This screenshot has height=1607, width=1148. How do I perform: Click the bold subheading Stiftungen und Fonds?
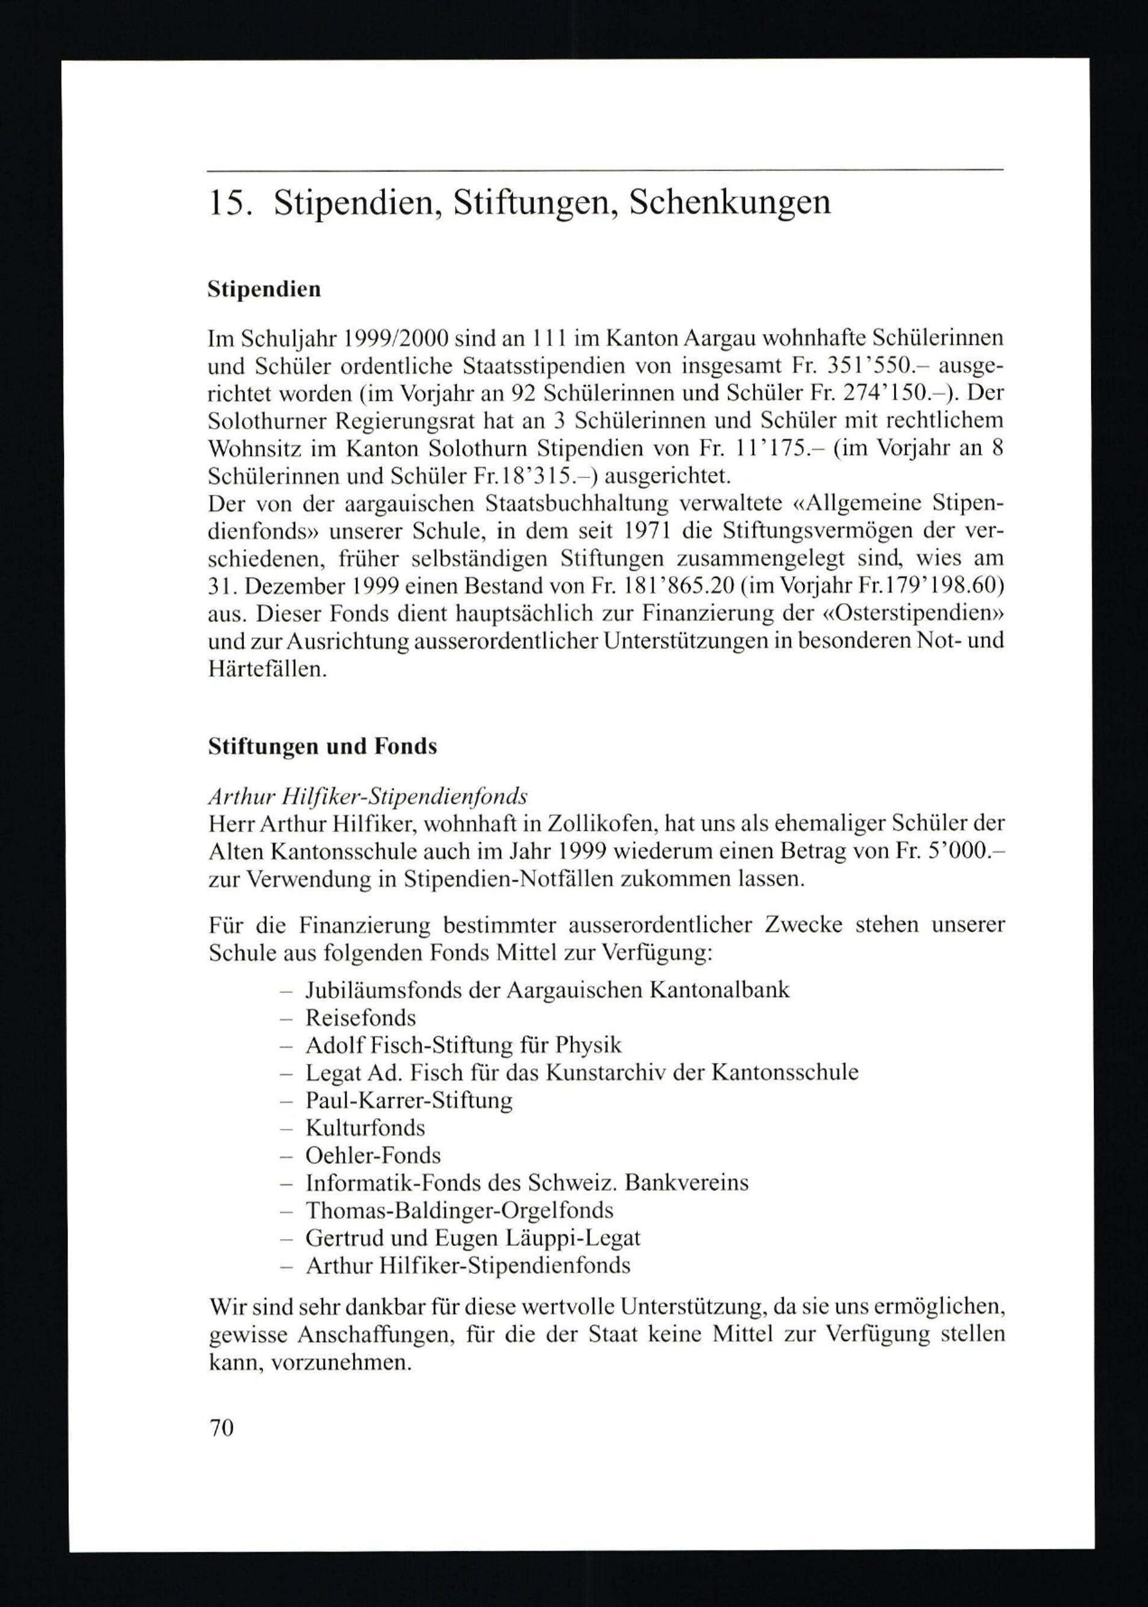323,746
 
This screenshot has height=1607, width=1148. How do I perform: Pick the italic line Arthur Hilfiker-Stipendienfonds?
367,797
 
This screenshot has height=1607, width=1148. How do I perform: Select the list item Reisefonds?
360,1018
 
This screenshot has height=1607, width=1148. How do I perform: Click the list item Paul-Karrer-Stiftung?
409,1101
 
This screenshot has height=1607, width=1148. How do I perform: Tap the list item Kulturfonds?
364,1128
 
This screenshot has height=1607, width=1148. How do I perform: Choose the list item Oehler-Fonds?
373,1155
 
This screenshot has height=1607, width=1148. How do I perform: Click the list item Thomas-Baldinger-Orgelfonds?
459,1210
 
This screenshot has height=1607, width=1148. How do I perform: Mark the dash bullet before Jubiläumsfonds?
286,990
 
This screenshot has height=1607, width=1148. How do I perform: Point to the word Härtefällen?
268,669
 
